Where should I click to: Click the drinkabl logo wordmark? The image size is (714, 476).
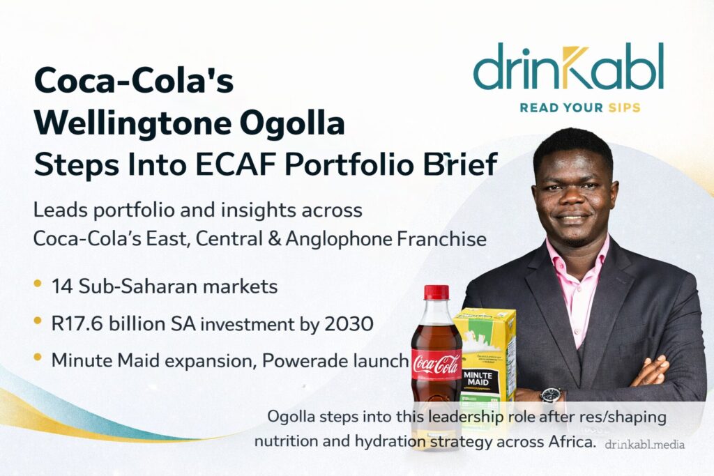tap(568, 66)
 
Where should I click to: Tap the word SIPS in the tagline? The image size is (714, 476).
tap(624, 108)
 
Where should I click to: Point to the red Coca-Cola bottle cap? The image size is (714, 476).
tap(436, 292)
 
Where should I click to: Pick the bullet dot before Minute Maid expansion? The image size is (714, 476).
tap(38, 358)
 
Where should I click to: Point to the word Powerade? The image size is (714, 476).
tap(305, 360)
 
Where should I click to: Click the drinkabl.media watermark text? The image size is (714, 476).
tap(644, 445)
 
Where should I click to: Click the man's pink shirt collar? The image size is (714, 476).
tap(577, 255)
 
